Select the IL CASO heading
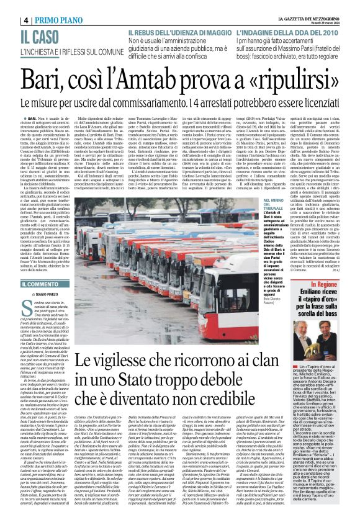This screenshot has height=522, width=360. (x=42, y=37)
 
